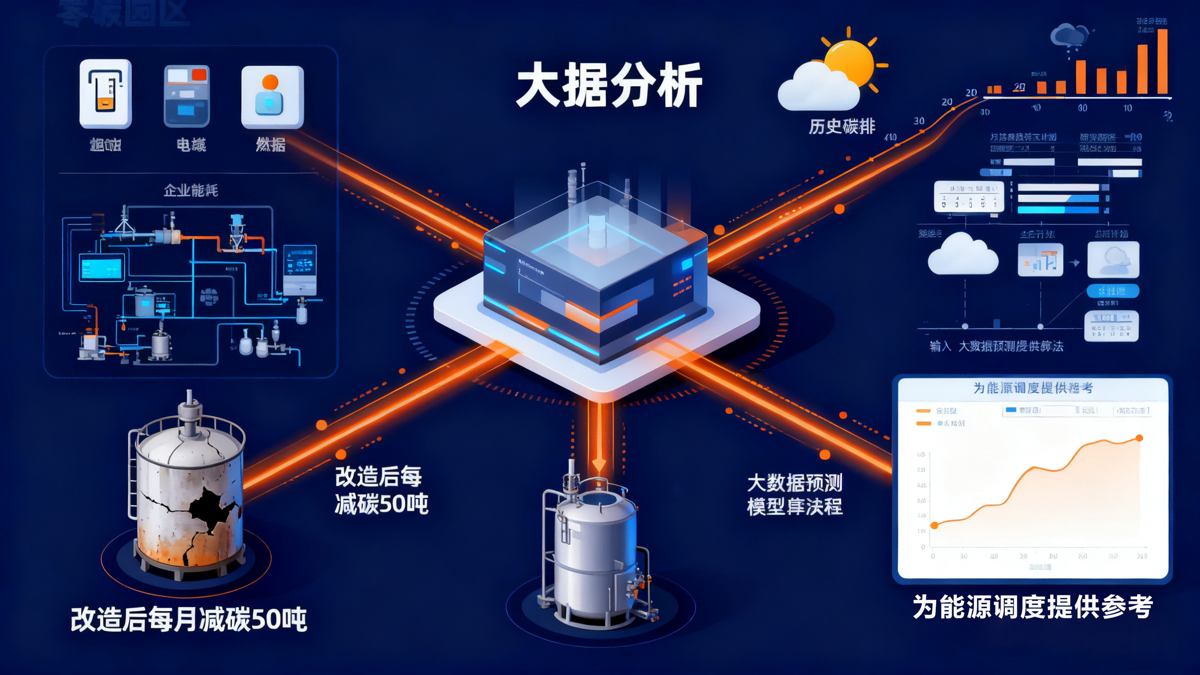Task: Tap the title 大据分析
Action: tap(609, 85)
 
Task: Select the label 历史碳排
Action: tap(842, 126)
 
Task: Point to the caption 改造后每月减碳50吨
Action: tap(189, 619)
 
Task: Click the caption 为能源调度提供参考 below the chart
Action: tap(1032, 606)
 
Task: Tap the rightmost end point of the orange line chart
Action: tap(1139, 438)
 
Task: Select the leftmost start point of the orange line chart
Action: tap(934, 525)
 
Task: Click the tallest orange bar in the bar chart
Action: tap(1162, 61)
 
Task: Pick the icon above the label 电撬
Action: tap(186, 96)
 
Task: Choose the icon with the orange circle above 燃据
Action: tap(272, 96)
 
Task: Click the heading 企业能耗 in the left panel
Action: tap(190, 190)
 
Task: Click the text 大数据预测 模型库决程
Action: tap(795, 495)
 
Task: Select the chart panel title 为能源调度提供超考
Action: tap(1032, 388)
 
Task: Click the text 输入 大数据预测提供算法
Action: tap(996, 347)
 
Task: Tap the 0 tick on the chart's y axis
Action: tap(923, 547)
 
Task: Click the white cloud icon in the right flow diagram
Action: tap(963, 255)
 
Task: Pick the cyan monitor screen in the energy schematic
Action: tap(102, 268)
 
